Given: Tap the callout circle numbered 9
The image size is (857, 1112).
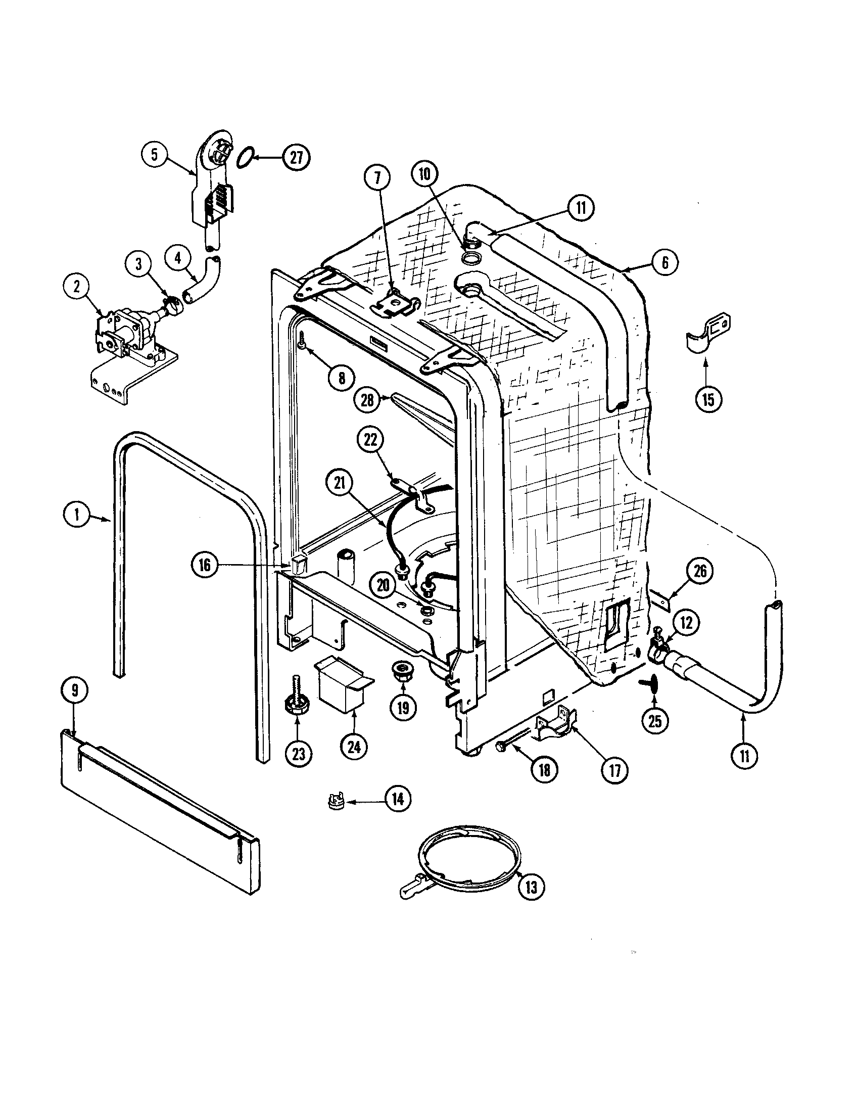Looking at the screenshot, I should click(75, 690).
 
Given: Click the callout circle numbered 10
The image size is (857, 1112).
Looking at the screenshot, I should click(424, 175).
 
